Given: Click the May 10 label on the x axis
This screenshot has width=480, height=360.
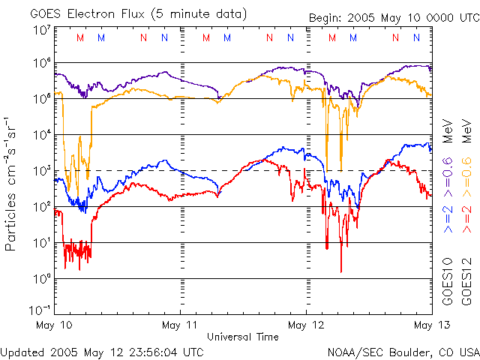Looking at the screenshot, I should (x=55, y=325).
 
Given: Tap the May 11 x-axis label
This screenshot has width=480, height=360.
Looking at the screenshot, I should (x=181, y=325).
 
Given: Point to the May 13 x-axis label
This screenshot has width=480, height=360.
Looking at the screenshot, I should (x=430, y=325).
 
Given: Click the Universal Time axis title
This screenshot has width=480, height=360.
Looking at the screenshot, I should (x=243, y=337).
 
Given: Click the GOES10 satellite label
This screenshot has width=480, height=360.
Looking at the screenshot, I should (x=448, y=286).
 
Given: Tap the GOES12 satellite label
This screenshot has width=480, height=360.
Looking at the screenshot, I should (x=466, y=286).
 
